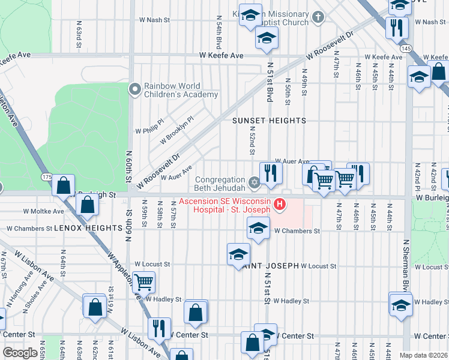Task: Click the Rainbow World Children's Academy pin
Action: point(134,89)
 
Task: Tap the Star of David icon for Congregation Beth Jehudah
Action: point(254,181)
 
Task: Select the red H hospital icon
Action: point(279,205)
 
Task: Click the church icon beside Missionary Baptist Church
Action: point(318,18)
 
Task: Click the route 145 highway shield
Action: point(406,48)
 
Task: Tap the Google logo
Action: point(20,353)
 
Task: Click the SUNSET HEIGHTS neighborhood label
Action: point(270,121)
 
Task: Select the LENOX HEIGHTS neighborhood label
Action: point(80,229)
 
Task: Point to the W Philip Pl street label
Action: point(149,130)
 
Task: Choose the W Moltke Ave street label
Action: point(43,211)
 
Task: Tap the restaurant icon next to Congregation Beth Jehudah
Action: point(271,173)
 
